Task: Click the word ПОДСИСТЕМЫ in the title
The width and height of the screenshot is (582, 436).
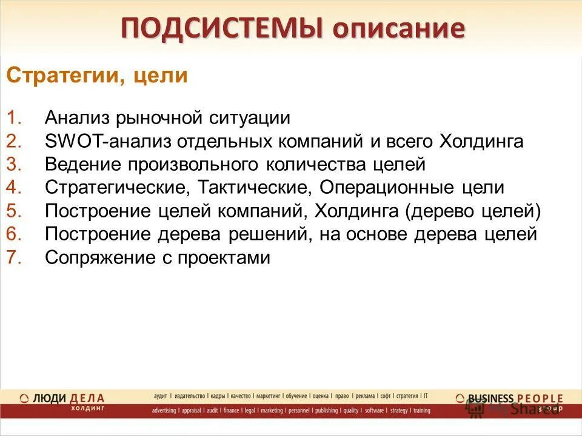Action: pos(219,28)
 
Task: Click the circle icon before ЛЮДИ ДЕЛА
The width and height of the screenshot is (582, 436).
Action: pos(24,398)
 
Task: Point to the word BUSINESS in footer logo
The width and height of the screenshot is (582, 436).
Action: pos(491,398)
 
